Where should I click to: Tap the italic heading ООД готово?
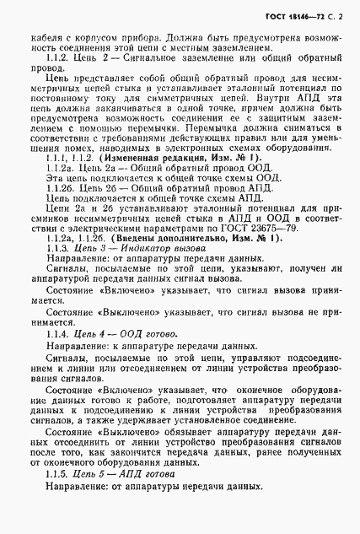point(146,359)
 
